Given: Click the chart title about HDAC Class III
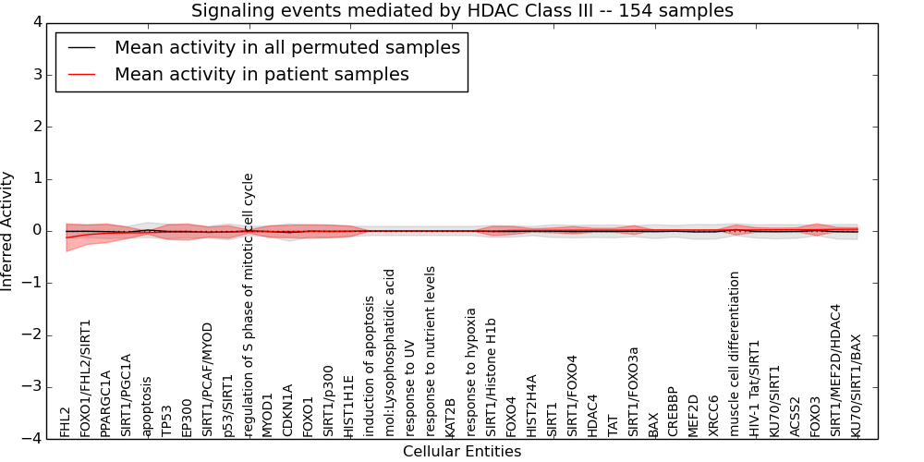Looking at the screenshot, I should pyautogui.click(x=462, y=11).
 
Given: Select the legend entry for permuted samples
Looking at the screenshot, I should pyautogui.click(x=286, y=48).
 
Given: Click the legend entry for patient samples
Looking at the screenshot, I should pyautogui.click(x=261, y=75).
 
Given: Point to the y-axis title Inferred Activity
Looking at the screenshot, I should pyautogui.click(x=7, y=231).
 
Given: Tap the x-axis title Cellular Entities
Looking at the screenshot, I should pyautogui.click(x=462, y=452).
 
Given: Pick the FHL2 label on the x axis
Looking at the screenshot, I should pyautogui.click(x=66, y=421).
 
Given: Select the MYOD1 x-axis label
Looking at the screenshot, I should pyautogui.click(x=269, y=415).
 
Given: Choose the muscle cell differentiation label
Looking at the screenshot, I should pyautogui.click(x=736, y=354).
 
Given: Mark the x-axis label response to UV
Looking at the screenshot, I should pyautogui.click(x=411, y=389).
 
